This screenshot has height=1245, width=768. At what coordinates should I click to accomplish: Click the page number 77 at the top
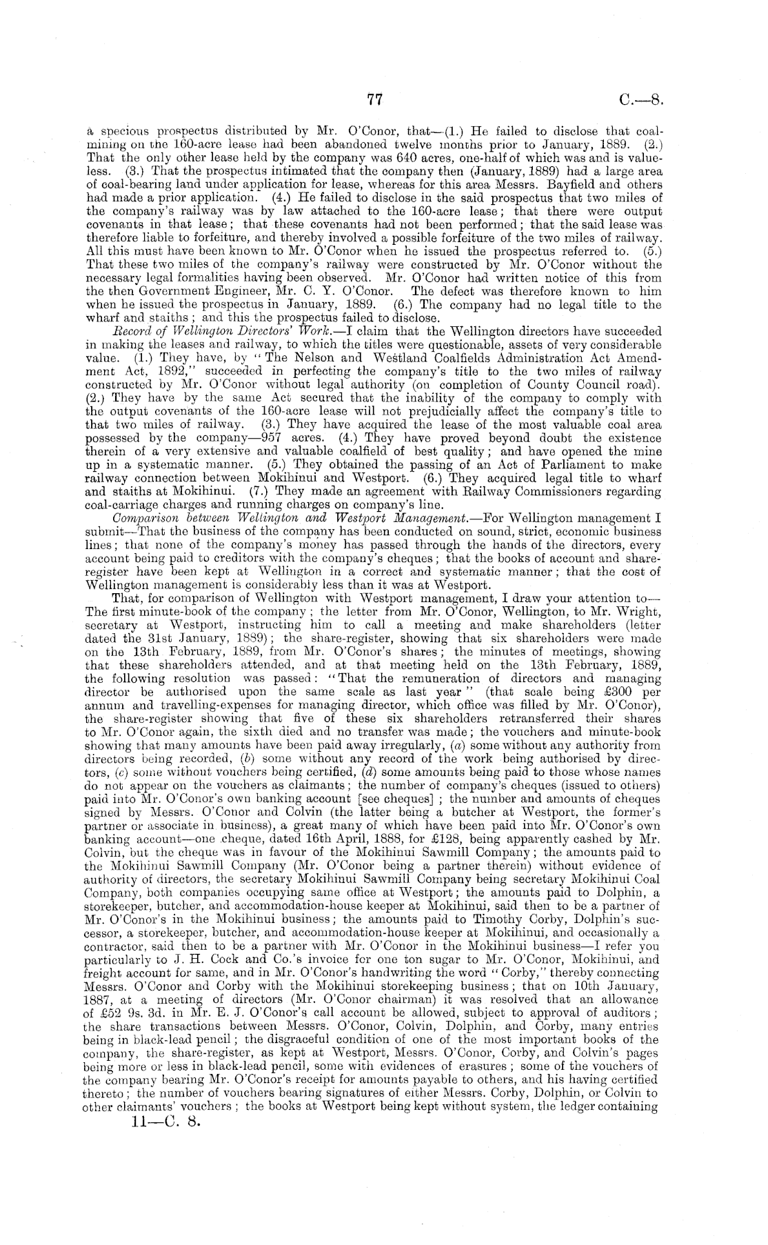click(x=374, y=99)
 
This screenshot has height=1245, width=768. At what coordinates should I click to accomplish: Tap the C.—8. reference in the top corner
click(x=640, y=99)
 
